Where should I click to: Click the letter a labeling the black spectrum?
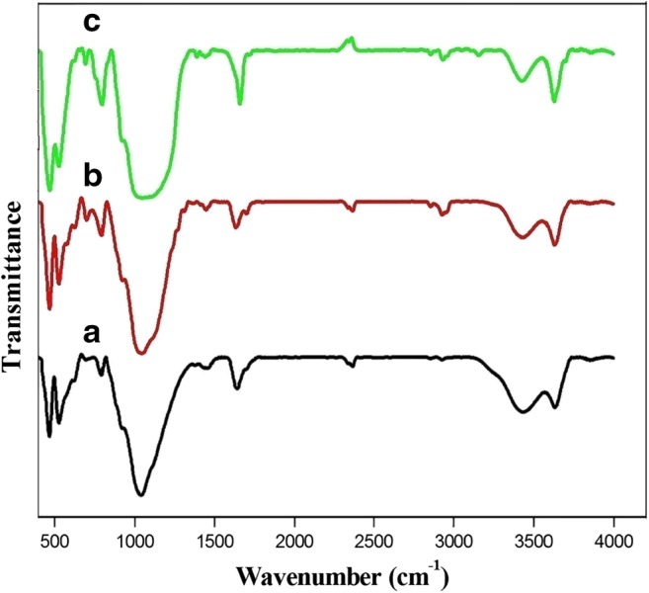(x=92, y=335)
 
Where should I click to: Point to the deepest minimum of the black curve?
(x=141, y=494)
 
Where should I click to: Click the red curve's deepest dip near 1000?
(x=141, y=353)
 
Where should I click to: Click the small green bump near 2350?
(x=349, y=40)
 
